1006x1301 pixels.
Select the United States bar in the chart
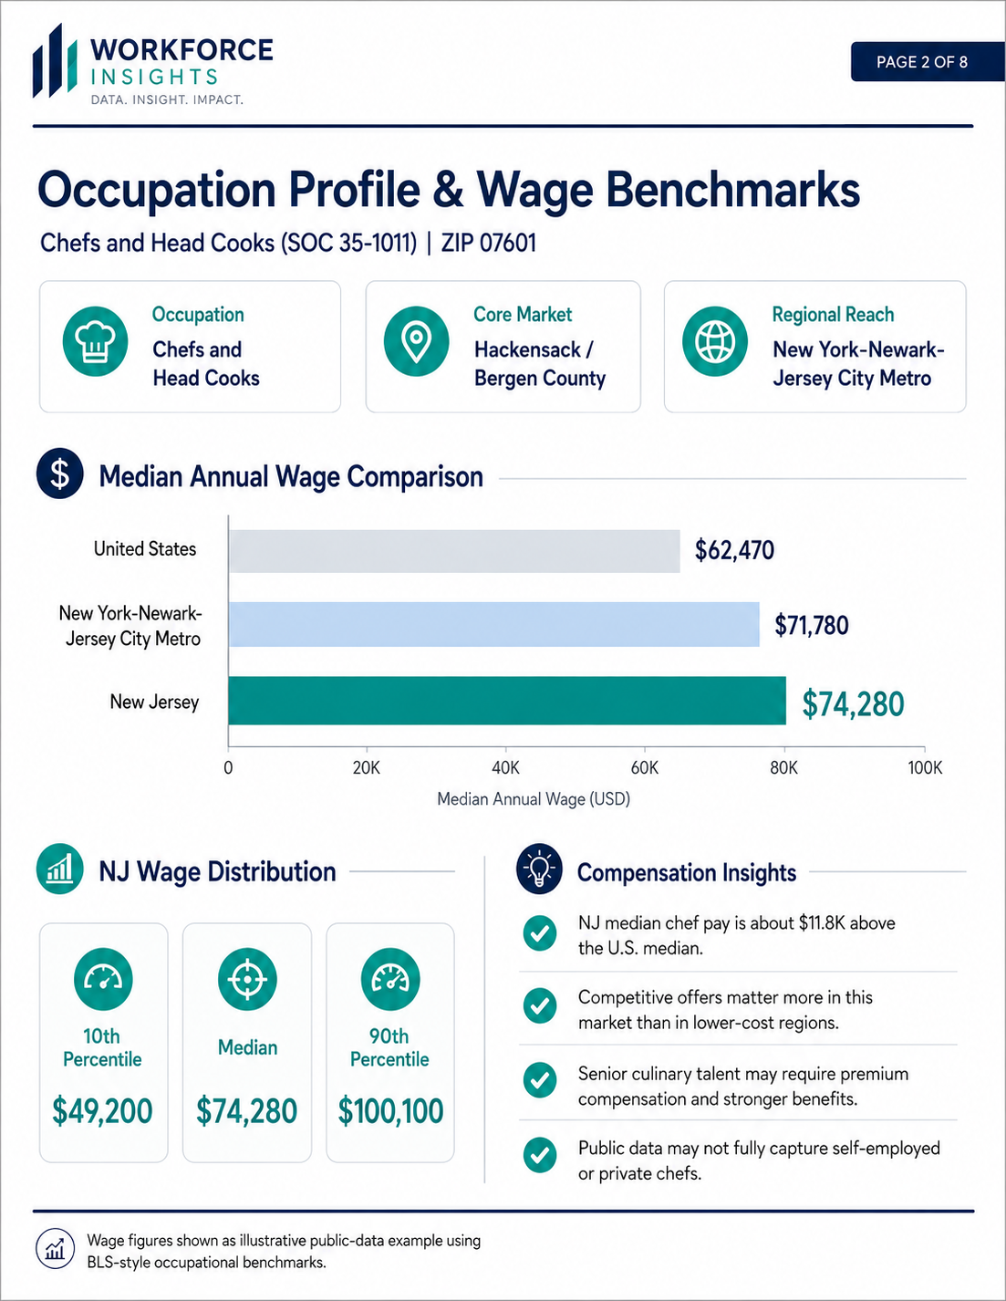pyautogui.click(x=454, y=551)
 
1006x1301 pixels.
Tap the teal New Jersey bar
pyautogui.click(x=507, y=701)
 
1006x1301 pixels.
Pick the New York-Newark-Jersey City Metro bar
pyautogui.click(x=493, y=624)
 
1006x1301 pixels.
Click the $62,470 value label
pyautogui.click(x=734, y=550)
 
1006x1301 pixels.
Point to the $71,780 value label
pyautogui.click(x=812, y=625)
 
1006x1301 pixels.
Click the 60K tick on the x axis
pyautogui.click(x=645, y=768)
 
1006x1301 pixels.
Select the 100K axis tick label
pyautogui.click(x=925, y=768)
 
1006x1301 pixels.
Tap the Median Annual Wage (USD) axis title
pyautogui.click(x=534, y=798)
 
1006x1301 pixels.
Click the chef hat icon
pyautogui.click(x=95, y=342)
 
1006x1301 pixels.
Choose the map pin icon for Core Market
pyautogui.click(x=417, y=342)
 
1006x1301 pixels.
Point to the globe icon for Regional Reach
pyautogui.click(x=714, y=342)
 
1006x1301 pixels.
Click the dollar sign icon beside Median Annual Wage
pyautogui.click(x=60, y=474)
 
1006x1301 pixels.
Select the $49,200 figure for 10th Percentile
pyautogui.click(x=102, y=1111)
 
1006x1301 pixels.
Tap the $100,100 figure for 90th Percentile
pyautogui.click(x=390, y=1111)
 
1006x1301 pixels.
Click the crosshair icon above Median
pyautogui.click(x=247, y=979)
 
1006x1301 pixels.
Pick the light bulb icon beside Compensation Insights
pyautogui.click(x=539, y=869)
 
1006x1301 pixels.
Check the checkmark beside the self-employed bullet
pyautogui.click(x=540, y=1155)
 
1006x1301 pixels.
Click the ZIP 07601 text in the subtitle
pyautogui.click(x=488, y=243)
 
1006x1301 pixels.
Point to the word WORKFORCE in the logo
pyautogui.click(x=181, y=49)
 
